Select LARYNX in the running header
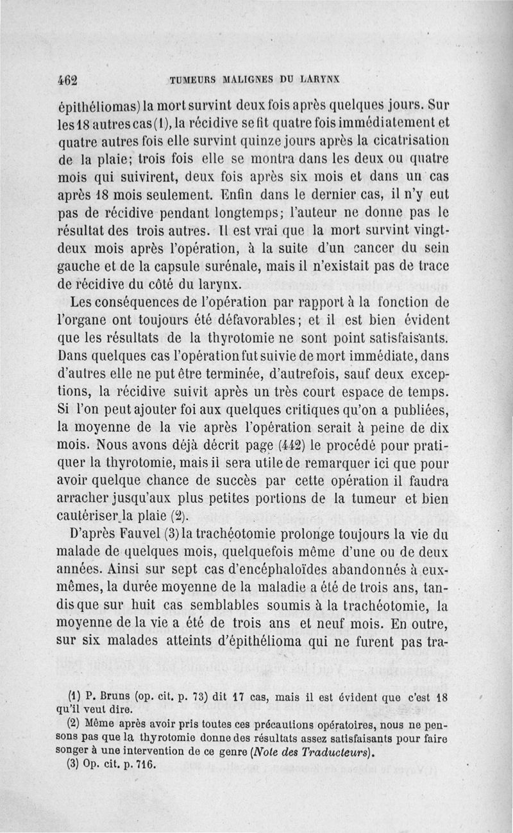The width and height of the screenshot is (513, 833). pos(320,80)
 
